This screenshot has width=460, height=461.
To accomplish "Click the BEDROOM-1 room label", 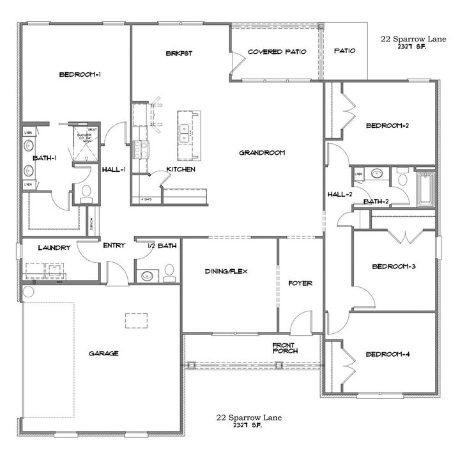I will (x=80, y=75).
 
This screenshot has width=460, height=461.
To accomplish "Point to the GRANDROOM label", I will (x=261, y=153).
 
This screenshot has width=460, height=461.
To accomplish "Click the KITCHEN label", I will (x=180, y=169).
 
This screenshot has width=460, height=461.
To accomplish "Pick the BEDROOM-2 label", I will (x=387, y=126).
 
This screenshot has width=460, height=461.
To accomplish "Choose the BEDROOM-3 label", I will (x=395, y=266).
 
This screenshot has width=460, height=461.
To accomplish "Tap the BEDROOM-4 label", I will (x=387, y=354).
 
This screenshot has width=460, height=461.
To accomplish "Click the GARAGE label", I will (x=103, y=353).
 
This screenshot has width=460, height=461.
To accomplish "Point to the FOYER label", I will (x=300, y=283).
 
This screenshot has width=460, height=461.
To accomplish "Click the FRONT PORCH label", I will (x=284, y=347).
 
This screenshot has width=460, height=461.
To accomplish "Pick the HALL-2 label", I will (x=340, y=194).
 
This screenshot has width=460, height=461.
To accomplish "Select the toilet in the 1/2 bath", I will (x=169, y=272).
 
